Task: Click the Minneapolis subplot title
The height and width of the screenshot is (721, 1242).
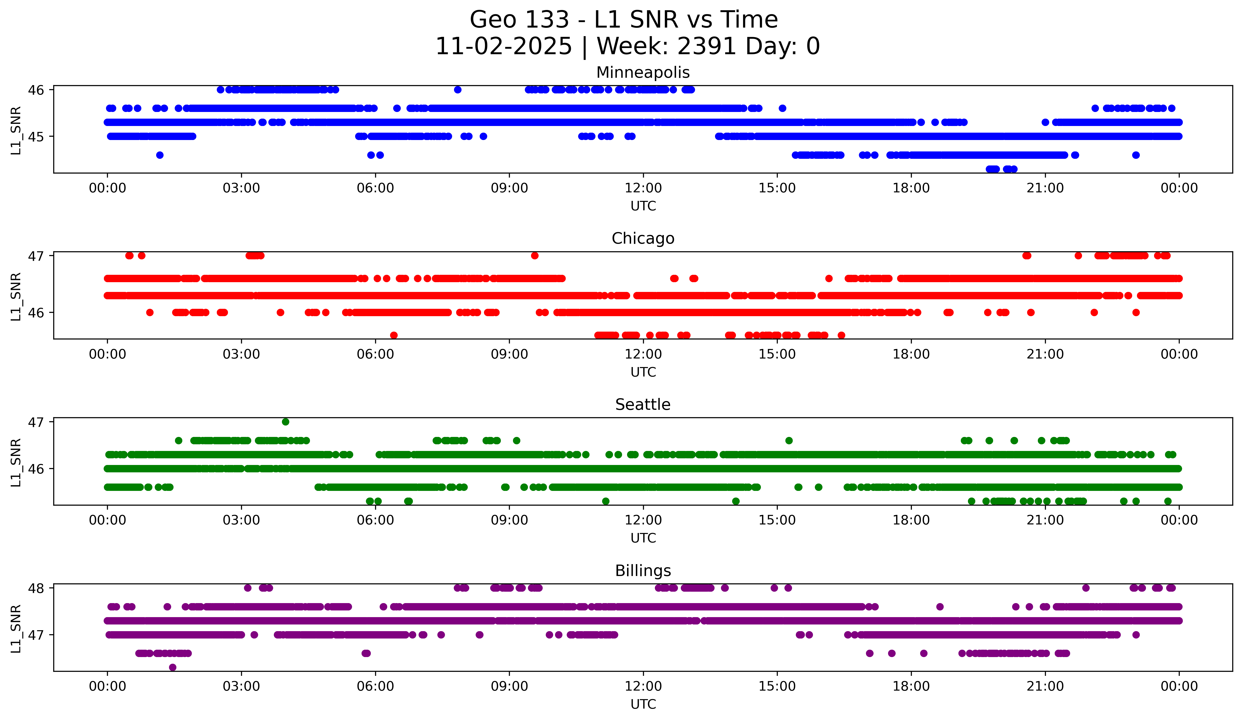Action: click(x=643, y=73)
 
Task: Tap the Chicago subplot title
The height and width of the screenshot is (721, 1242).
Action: click(x=643, y=238)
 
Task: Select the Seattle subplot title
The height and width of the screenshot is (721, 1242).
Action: click(x=643, y=405)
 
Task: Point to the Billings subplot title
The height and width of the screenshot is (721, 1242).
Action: click(x=643, y=571)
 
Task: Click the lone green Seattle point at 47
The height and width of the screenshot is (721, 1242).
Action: click(x=285, y=422)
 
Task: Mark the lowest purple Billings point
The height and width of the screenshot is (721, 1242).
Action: click(x=173, y=667)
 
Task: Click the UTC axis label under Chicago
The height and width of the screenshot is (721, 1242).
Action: click(x=643, y=372)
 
